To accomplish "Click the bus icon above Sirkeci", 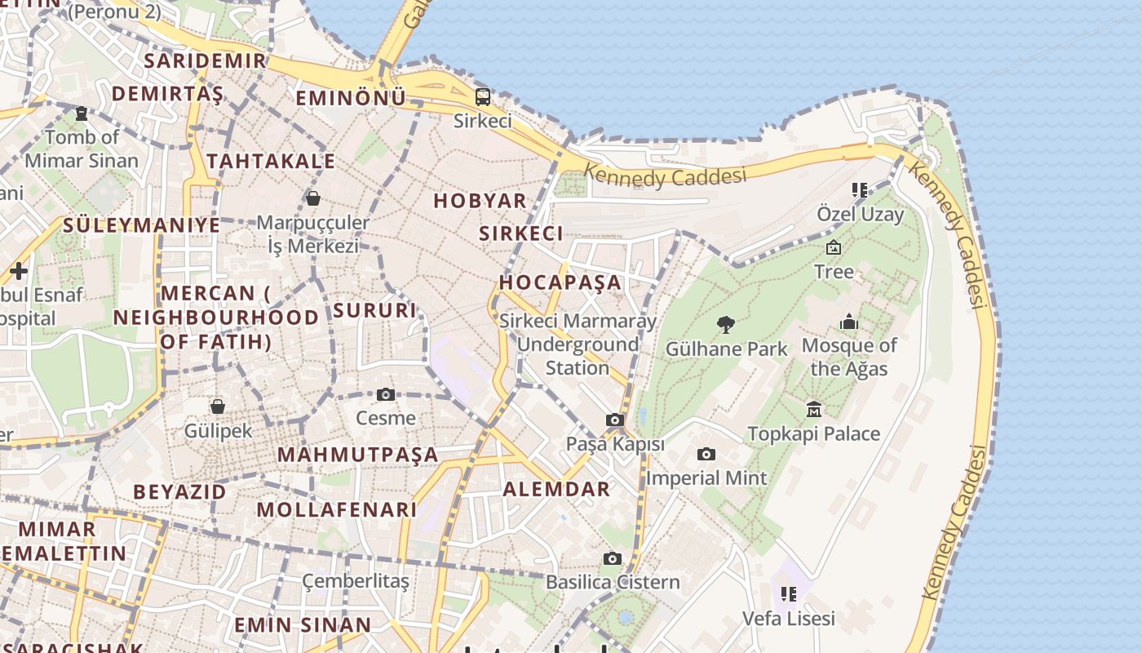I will coord(483,98).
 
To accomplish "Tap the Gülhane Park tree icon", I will coord(726,325).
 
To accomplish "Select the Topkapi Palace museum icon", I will coord(813,409).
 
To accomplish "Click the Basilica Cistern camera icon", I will coord(612,559).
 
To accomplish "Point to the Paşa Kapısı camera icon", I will coord(615,420).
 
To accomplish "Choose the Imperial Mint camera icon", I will coord(706,455).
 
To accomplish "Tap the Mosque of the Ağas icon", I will coord(849,322).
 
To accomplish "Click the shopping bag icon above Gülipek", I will coord(218,406).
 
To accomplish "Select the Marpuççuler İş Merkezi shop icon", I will coord(312,198).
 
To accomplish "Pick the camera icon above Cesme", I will coord(386,395).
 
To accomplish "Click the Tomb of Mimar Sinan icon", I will coord(82,113).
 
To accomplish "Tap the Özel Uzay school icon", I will coord(859,191).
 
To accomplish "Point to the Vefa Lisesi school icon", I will coord(788,594).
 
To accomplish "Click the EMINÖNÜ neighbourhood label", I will coord(351,98).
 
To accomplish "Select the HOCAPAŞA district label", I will coord(560,282).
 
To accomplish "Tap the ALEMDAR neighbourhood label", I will coord(557,489).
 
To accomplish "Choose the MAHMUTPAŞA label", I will coord(358,455).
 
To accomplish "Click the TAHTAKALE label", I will coord(271,161).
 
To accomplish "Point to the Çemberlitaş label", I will coord(356,581).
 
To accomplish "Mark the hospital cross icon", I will coord(19,270).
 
